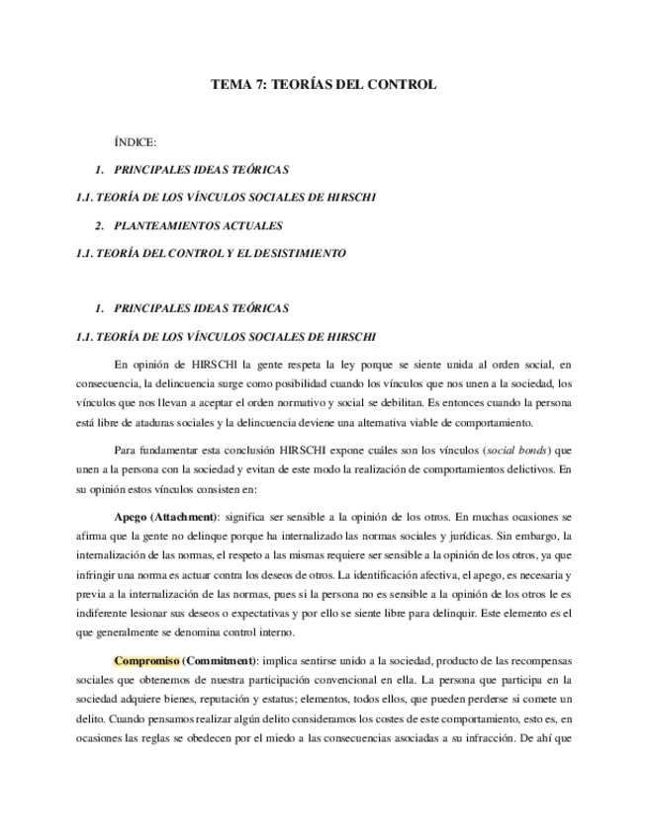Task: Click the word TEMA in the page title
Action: tap(231, 85)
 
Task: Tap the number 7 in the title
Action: tap(262, 85)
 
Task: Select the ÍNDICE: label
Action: tap(136, 142)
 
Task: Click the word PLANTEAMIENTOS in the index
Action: tap(170, 225)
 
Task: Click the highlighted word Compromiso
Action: tap(145, 660)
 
